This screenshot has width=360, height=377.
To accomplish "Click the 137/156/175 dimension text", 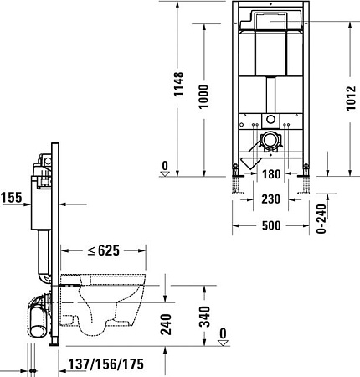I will [x=107, y=364].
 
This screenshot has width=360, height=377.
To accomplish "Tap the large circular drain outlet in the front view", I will [x=269, y=141].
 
